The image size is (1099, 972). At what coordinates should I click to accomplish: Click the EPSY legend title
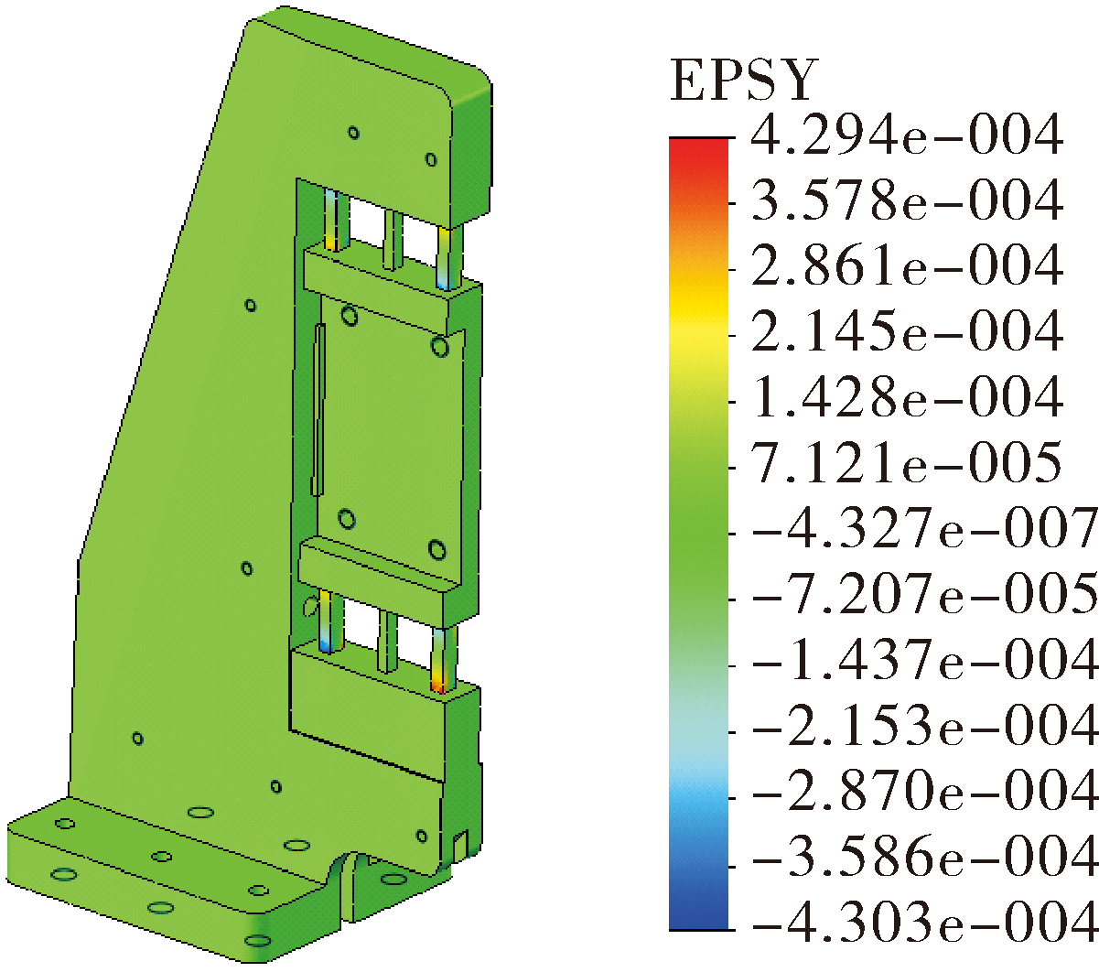[744, 81]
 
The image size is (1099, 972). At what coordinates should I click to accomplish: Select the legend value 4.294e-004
[907, 135]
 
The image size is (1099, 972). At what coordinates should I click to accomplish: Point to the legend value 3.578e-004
[907, 200]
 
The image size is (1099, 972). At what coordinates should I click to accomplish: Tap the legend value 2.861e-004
[907, 266]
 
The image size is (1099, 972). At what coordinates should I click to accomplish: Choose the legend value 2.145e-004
[907, 331]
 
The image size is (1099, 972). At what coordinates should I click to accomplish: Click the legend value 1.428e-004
[907, 397]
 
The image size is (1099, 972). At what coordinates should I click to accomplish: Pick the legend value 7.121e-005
[907, 463]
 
